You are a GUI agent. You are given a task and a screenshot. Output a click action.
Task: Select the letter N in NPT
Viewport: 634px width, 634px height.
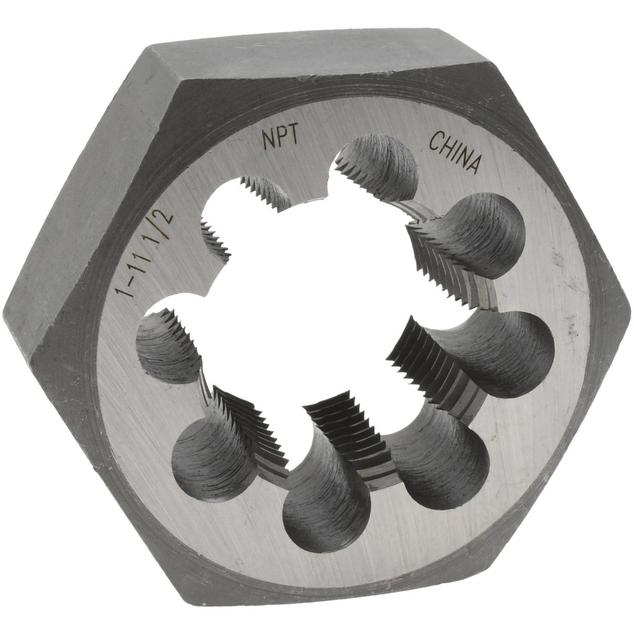268,141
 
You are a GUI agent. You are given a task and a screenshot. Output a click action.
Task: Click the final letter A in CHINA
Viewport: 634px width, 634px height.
475,164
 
